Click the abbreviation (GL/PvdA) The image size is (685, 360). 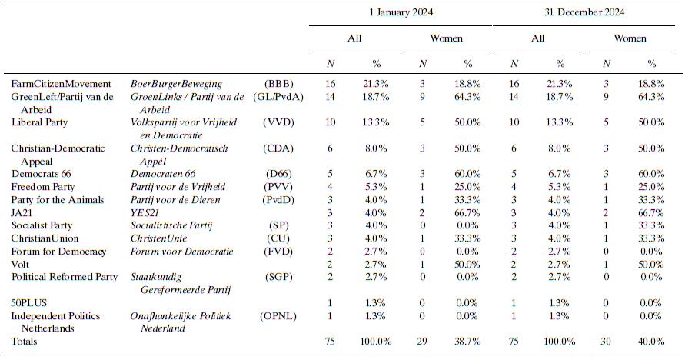coord(278,97)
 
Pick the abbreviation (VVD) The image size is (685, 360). coord(278,122)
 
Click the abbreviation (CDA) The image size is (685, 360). coord(278,148)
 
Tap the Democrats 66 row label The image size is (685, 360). coord(41,174)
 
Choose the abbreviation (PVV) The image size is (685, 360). coord(278,187)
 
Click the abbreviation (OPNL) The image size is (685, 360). coord(278,315)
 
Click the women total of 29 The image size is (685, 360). coord(422,341)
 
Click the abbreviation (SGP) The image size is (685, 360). coord(278,277)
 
